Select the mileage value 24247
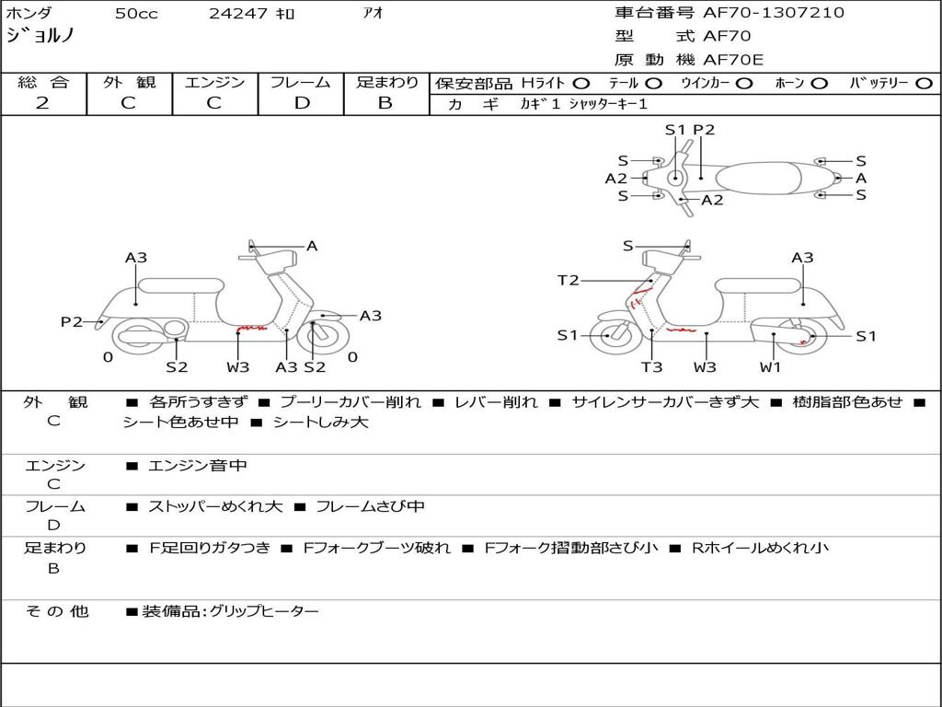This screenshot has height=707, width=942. coord(238,14)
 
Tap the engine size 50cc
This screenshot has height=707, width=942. coord(136,14)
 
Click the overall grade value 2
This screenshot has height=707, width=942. coord(42,103)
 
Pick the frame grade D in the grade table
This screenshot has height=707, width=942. coord(301,103)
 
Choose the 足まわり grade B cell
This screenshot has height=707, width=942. coord(385,103)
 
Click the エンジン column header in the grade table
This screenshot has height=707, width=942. coord(214,83)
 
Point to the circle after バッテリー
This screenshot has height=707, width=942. coord(924,83)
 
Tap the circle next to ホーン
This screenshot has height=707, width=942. coord(820,83)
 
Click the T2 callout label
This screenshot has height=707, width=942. coord(569,280)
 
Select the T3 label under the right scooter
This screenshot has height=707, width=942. coord(651,367)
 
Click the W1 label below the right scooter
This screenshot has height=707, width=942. coord(771,367)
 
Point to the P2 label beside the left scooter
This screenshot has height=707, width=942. coord(72,321)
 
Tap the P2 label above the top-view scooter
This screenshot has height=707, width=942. coord(704,130)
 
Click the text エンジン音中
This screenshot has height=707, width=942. coord(198,466)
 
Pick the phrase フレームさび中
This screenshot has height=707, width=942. coord(370,506)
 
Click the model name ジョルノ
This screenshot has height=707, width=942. coord(40,36)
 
